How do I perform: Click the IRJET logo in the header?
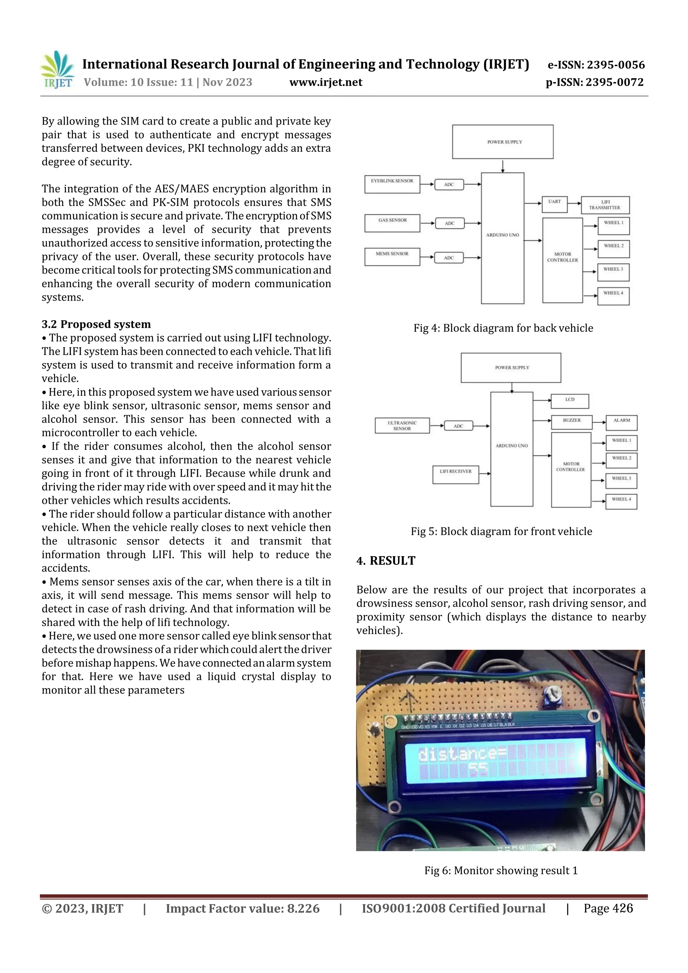tap(57, 70)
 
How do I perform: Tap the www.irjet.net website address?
tap(326, 82)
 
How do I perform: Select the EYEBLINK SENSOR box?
tap(392, 184)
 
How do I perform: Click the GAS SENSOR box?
tap(392, 223)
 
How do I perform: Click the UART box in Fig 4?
tap(555, 204)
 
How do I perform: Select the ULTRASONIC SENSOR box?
tap(402, 426)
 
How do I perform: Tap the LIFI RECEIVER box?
tap(455, 475)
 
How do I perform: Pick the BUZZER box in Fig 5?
tap(571, 422)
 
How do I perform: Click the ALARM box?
tap(621, 423)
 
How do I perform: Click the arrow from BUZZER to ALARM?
tap(599, 423)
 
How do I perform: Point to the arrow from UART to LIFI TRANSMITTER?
tap(574, 204)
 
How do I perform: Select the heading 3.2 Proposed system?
tap(96, 324)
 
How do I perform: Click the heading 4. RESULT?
tap(386, 561)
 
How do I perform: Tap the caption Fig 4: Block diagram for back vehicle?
tap(503, 328)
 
